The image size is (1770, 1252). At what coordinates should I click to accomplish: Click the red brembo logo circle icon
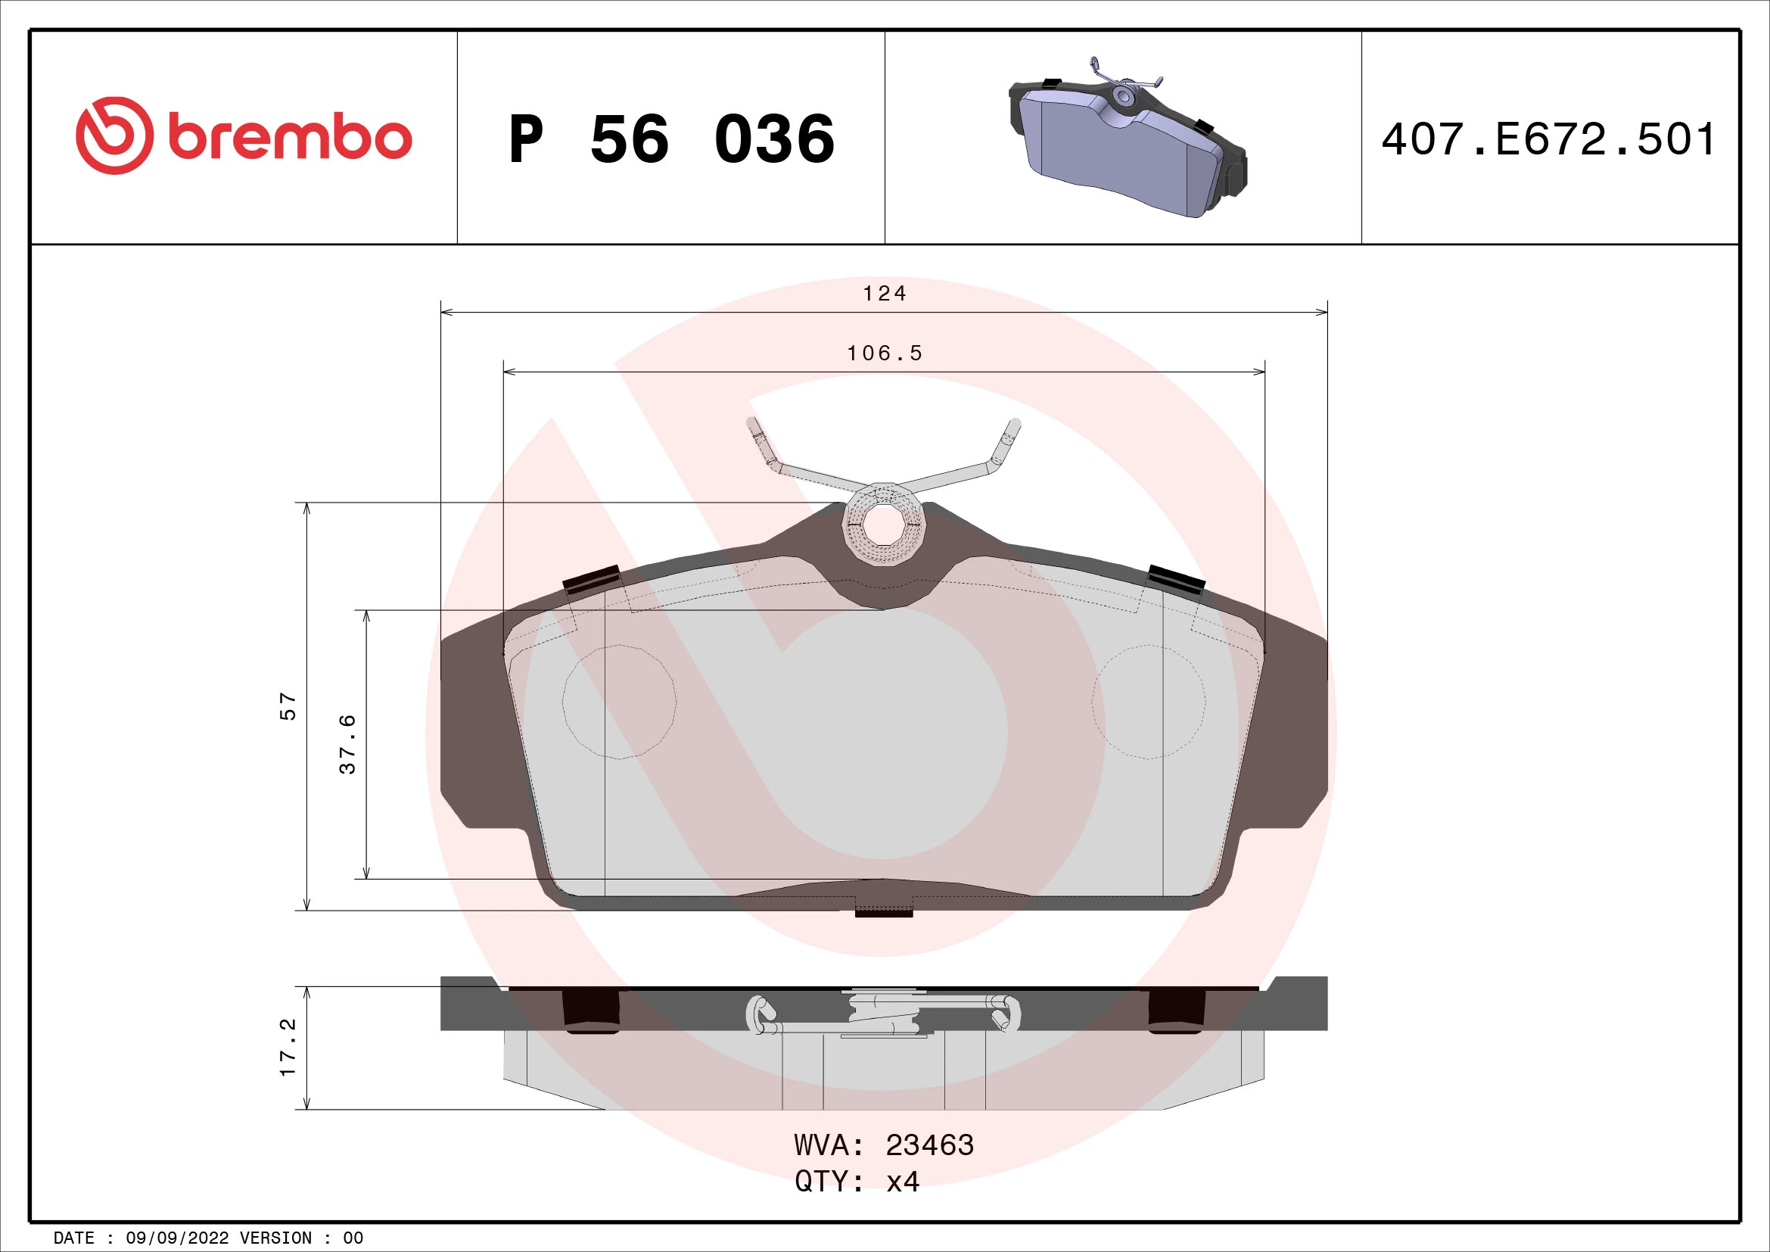click(114, 135)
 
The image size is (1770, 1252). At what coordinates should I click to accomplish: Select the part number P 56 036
click(670, 139)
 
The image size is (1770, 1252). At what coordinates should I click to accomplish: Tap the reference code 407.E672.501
click(1548, 139)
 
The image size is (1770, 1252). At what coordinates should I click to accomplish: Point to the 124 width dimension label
click(884, 294)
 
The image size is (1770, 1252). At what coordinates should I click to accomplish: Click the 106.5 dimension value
click(884, 353)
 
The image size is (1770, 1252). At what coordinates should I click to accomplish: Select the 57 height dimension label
click(288, 706)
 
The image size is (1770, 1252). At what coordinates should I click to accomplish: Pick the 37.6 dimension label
click(348, 744)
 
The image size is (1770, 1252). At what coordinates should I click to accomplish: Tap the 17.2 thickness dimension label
click(288, 1047)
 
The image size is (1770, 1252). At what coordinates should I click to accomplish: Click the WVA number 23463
click(929, 1145)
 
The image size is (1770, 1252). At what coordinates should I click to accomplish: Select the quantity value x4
click(903, 1181)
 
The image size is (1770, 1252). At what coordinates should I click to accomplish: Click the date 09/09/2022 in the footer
click(177, 1238)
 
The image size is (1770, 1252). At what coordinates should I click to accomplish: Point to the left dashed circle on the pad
click(619, 702)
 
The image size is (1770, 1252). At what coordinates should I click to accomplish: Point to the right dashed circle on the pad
click(1148, 702)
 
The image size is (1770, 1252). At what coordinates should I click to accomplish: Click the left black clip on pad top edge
click(592, 578)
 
